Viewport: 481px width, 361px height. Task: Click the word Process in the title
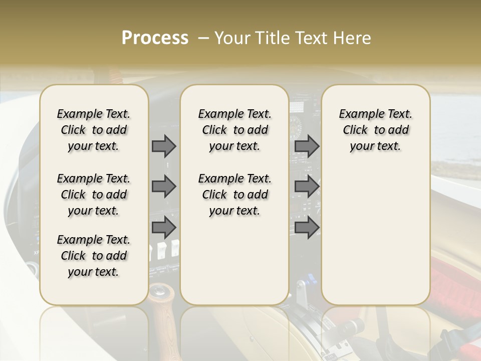point(155,38)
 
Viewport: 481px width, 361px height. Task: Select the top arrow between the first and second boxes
point(164,146)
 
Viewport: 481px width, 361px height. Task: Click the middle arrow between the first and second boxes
point(164,187)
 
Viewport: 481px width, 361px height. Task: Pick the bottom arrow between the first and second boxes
point(164,227)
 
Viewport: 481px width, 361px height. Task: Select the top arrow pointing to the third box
point(307,146)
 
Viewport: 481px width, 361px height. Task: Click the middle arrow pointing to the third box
point(307,187)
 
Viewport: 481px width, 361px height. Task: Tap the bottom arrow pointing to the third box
point(307,227)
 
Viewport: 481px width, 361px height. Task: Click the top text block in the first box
point(94,130)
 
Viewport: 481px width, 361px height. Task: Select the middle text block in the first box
point(94,195)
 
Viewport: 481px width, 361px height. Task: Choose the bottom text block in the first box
point(94,256)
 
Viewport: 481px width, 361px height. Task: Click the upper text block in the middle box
point(234,130)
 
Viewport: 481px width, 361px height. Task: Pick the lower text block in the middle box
point(234,195)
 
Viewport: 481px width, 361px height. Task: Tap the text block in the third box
point(375,130)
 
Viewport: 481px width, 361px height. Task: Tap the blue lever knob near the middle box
point(310,278)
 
